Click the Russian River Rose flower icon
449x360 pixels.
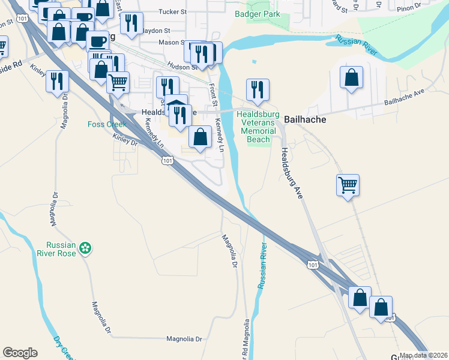tap(86, 247)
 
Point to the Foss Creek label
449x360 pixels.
tap(107, 124)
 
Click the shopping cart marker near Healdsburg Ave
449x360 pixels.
tap(348, 186)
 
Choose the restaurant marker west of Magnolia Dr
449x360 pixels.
tap(58, 82)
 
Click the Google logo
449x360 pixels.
tap(20, 353)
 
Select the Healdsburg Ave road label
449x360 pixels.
tap(291, 174)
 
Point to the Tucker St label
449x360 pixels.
tap(173, 11)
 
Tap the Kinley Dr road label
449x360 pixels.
tap(125, 140)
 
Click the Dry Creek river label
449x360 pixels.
tap(64, 349)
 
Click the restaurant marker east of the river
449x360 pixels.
tap(258, 90)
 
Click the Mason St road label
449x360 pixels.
tap(171, 43)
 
